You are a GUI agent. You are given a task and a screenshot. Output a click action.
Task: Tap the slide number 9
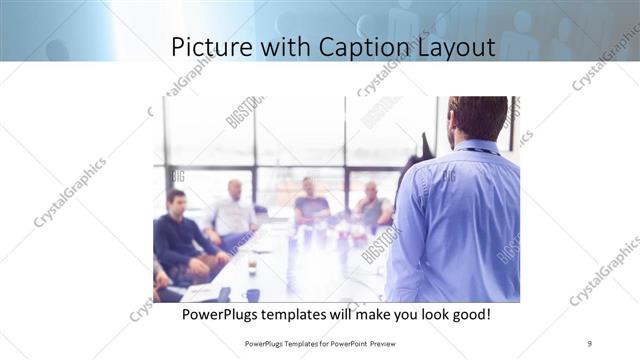click(x=590, y=344)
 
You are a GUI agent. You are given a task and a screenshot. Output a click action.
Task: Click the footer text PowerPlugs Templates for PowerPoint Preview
click(x=320, y=344)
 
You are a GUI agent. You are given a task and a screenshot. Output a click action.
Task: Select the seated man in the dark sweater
click(x=177, y=235)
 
